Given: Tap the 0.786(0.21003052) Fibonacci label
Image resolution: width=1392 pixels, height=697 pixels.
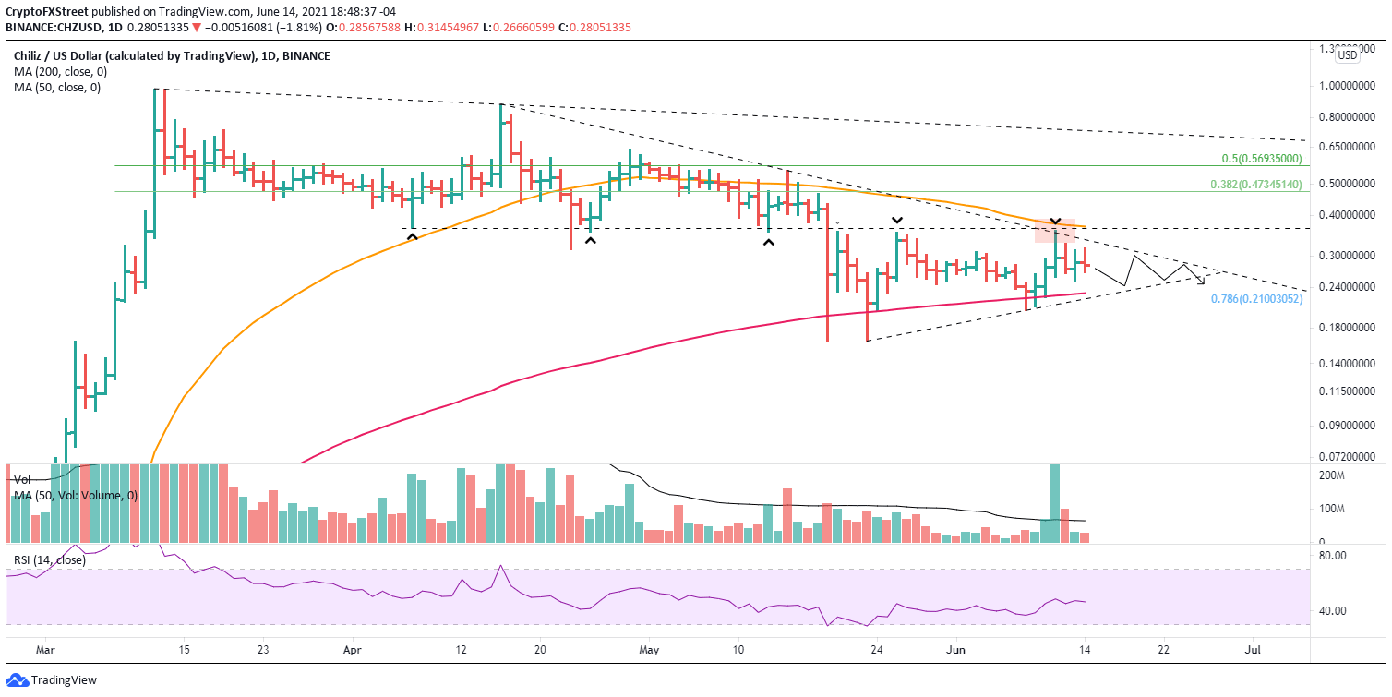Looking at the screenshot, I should (x=1256, y=299).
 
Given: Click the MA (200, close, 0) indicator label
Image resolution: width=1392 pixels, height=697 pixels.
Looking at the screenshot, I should (x=57, y=72).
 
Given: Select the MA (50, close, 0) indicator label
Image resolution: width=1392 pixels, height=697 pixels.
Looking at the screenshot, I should (x=54, y=88).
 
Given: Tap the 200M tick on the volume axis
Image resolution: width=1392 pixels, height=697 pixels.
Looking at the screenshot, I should (x=1330, y=475).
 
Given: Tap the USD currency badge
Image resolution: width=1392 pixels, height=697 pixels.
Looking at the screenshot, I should (x=1348, y=55).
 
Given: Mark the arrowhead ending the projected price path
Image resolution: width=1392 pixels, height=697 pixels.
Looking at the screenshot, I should (x=1201, y=280).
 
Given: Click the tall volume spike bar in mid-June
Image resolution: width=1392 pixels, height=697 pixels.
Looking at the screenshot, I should (x=1054, y=503).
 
